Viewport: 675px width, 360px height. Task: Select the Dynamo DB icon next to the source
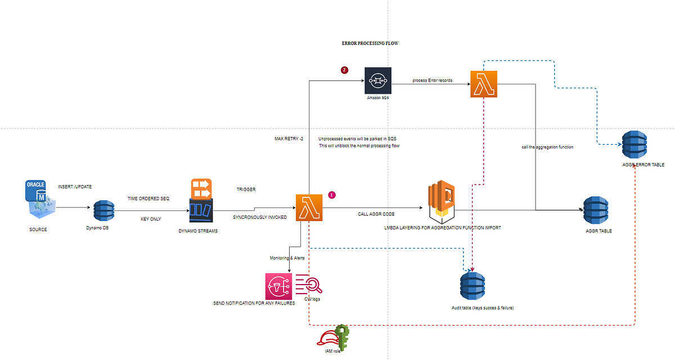[103, 210]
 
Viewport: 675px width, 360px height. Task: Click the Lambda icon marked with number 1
[308, 208]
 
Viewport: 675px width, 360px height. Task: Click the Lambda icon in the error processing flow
[483, 84]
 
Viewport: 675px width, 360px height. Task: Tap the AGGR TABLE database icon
[597, 211]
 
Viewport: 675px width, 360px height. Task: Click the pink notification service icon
[279, 286]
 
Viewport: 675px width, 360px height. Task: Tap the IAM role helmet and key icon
[334, 338]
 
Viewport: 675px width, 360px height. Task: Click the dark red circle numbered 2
[345, 70]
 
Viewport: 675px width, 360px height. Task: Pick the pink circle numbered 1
[331, 195]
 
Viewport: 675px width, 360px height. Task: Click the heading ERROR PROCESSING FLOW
[370, 43]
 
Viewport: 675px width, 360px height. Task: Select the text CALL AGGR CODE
[377, 214]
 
